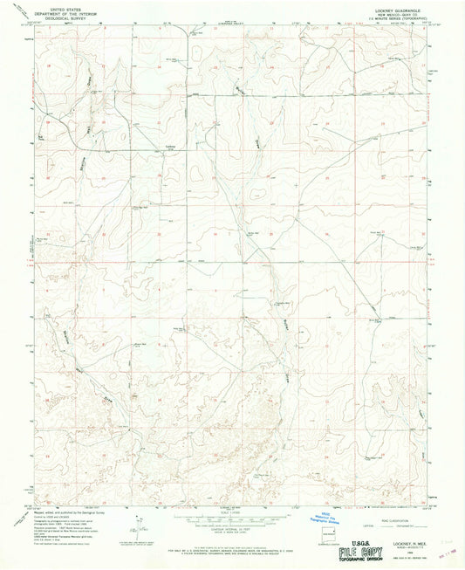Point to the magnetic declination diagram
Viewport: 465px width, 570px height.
(127, 521)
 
